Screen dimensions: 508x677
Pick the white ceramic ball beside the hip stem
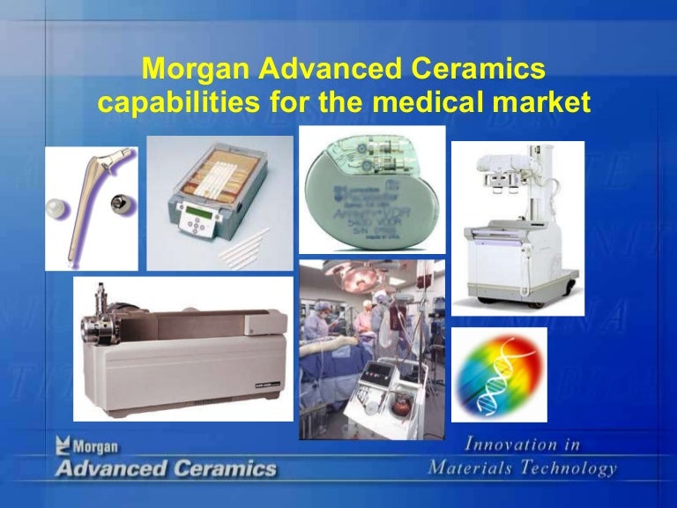tap(56, 211)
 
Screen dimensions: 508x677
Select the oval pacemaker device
tap(369, 193)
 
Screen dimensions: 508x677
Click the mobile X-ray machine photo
tap(518, 228)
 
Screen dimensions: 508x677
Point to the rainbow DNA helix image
tap(499, 375)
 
